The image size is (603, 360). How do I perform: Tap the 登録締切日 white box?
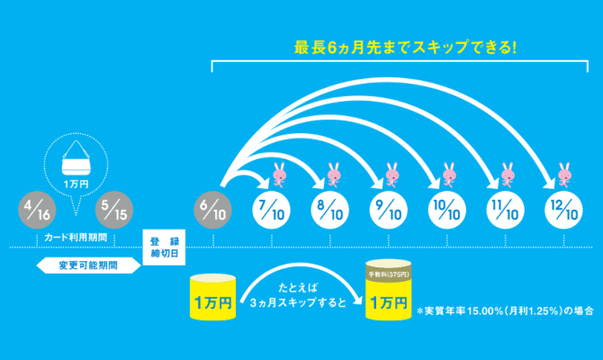(166, 247)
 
